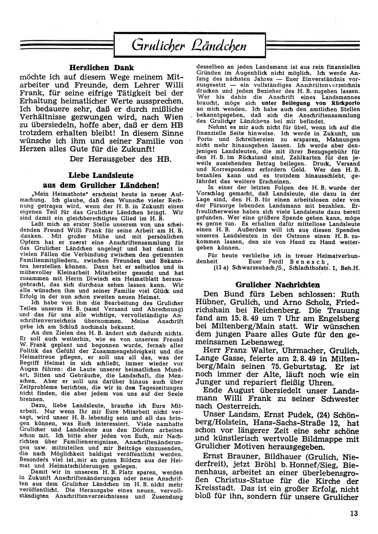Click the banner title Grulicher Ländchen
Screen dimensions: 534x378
[190, 45]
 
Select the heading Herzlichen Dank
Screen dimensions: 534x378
[102, 68]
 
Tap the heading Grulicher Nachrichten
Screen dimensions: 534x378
[277, 285]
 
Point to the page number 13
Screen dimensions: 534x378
[354, 513]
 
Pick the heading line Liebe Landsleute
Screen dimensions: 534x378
[101, 176]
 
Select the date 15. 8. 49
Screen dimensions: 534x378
[242, 318]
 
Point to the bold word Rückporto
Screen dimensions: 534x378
[342, 103]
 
